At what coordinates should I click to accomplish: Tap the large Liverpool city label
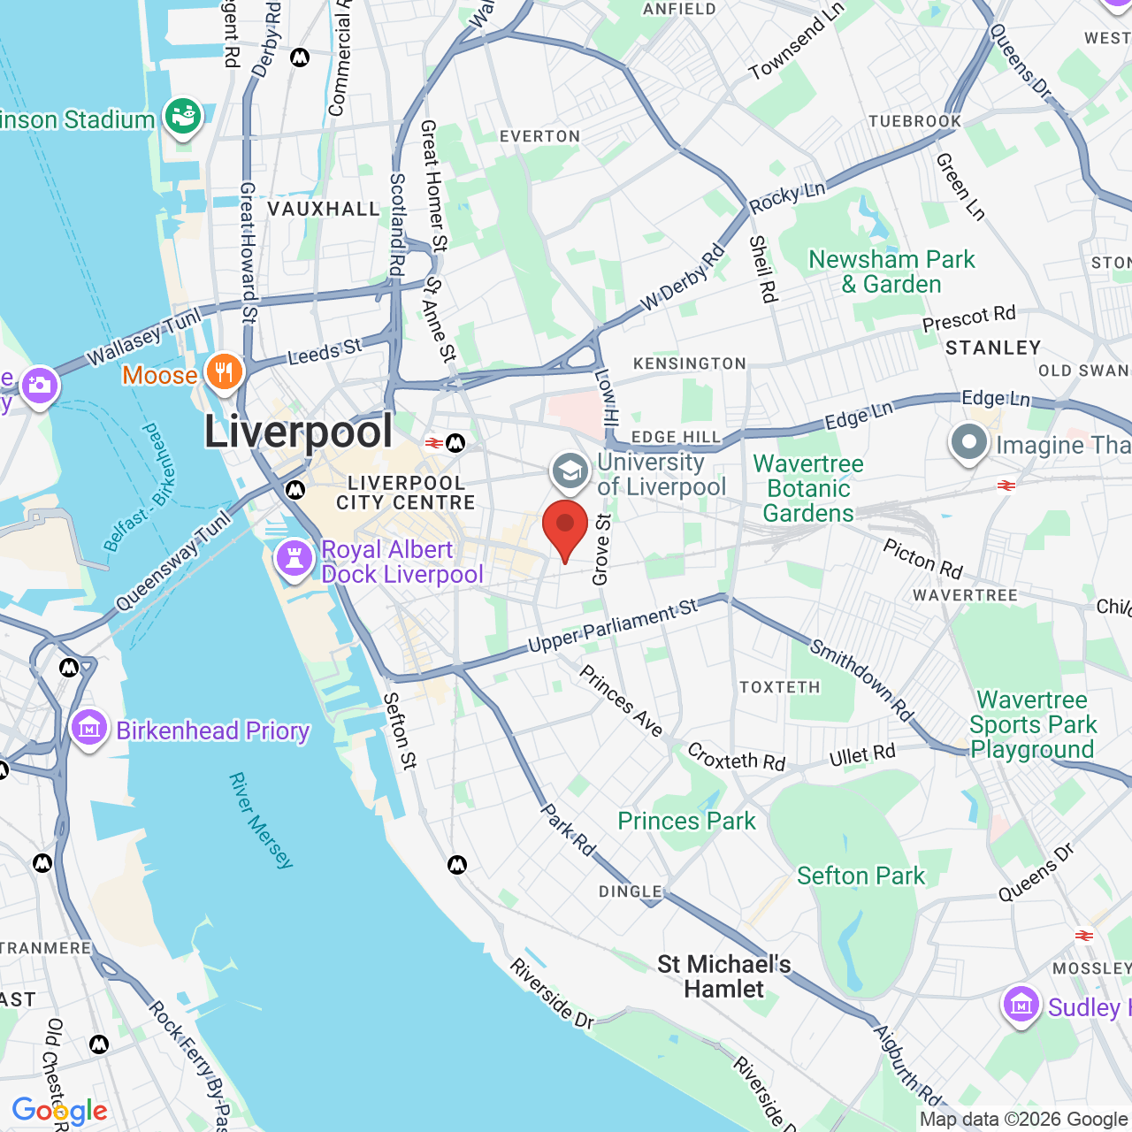tap(298, 432)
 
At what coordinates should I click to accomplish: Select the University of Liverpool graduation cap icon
tap(570, 472)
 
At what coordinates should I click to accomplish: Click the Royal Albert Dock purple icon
tap(294, 559)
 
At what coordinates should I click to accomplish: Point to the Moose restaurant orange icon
tap(225, 372)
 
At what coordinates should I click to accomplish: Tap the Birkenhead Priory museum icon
tap(89, 730)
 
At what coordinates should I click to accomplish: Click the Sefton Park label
tap(860, 876)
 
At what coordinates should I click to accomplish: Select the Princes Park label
tap(686, 821)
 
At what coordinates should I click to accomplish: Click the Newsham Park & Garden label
tap(891, 272)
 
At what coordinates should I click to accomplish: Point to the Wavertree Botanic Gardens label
tap(807, 488)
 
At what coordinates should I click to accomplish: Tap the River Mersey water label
tap(260, 820)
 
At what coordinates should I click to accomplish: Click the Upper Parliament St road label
tap(613, 625)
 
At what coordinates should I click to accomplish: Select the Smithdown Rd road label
tap(861, 679)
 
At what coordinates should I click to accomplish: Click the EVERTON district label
tap(539, 136)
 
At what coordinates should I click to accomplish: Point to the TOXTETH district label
tap(779, 687)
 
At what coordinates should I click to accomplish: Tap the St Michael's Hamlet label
tap(723, 976)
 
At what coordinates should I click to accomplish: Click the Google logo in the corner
tap(59, 1111)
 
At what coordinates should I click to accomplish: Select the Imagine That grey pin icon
tap(968, 444)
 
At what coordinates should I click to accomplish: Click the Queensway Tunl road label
tap(173, 561)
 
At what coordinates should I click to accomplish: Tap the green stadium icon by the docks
tap(183, 117)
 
